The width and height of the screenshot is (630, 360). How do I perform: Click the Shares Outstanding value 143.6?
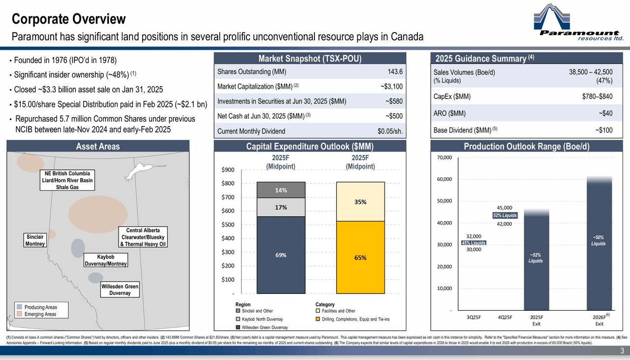(395, 71)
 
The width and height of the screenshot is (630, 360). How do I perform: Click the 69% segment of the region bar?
(281, 255)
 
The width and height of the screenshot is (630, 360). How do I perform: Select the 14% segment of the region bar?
(281, 190)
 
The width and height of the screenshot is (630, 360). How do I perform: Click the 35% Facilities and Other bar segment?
(360, 201)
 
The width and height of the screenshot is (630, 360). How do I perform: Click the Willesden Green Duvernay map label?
(120, 290)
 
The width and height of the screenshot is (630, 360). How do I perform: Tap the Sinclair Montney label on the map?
(35, 240)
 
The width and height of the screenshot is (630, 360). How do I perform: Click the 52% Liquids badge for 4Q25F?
(505, 216)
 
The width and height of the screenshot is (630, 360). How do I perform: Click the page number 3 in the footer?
(622, 351)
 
